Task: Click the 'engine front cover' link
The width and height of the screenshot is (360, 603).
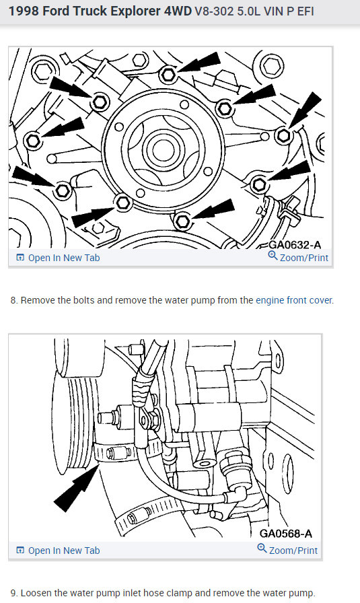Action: click(294, 300)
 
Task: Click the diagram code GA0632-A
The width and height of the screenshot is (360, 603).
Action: click(295, 244)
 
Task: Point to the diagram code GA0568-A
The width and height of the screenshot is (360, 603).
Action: click(286, 534)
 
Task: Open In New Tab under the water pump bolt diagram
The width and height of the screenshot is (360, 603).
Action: click(58, 258)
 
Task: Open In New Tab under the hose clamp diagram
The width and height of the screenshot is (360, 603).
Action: click(58, 551)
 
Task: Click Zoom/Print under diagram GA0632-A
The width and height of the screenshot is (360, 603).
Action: click(299, 257)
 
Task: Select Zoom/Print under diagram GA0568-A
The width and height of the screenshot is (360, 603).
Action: click(288, 550)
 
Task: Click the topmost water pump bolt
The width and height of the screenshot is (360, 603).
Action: click(168, 74)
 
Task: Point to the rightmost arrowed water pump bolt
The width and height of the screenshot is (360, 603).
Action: click(284, 135)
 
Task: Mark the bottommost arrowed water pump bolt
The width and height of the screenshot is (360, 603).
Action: click(182, 221)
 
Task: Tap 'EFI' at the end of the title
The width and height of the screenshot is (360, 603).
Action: click(305, 11)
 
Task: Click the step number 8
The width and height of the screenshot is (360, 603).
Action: click(14, 300)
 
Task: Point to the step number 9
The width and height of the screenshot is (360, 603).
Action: click(14, 593)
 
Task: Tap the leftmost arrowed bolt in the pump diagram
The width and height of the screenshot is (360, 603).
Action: click(32, 141)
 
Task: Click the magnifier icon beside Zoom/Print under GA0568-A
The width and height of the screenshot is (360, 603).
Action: click(262, 548)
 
